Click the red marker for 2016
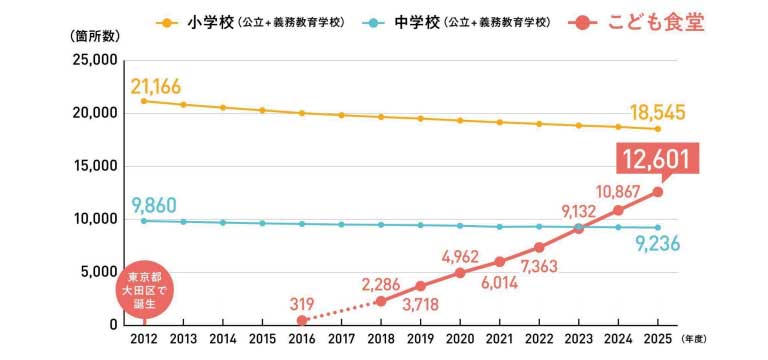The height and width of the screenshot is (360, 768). point(301,320)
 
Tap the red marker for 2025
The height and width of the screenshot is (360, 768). point(657,192)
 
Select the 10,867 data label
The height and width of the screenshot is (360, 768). point(617,189)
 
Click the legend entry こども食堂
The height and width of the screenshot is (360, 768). point(641,22)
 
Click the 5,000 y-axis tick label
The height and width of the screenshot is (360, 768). point(98,271)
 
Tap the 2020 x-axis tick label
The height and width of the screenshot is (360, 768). point(459,341)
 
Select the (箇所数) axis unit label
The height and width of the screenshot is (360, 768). point(97,34)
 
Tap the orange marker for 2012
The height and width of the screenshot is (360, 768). point(145,101)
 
